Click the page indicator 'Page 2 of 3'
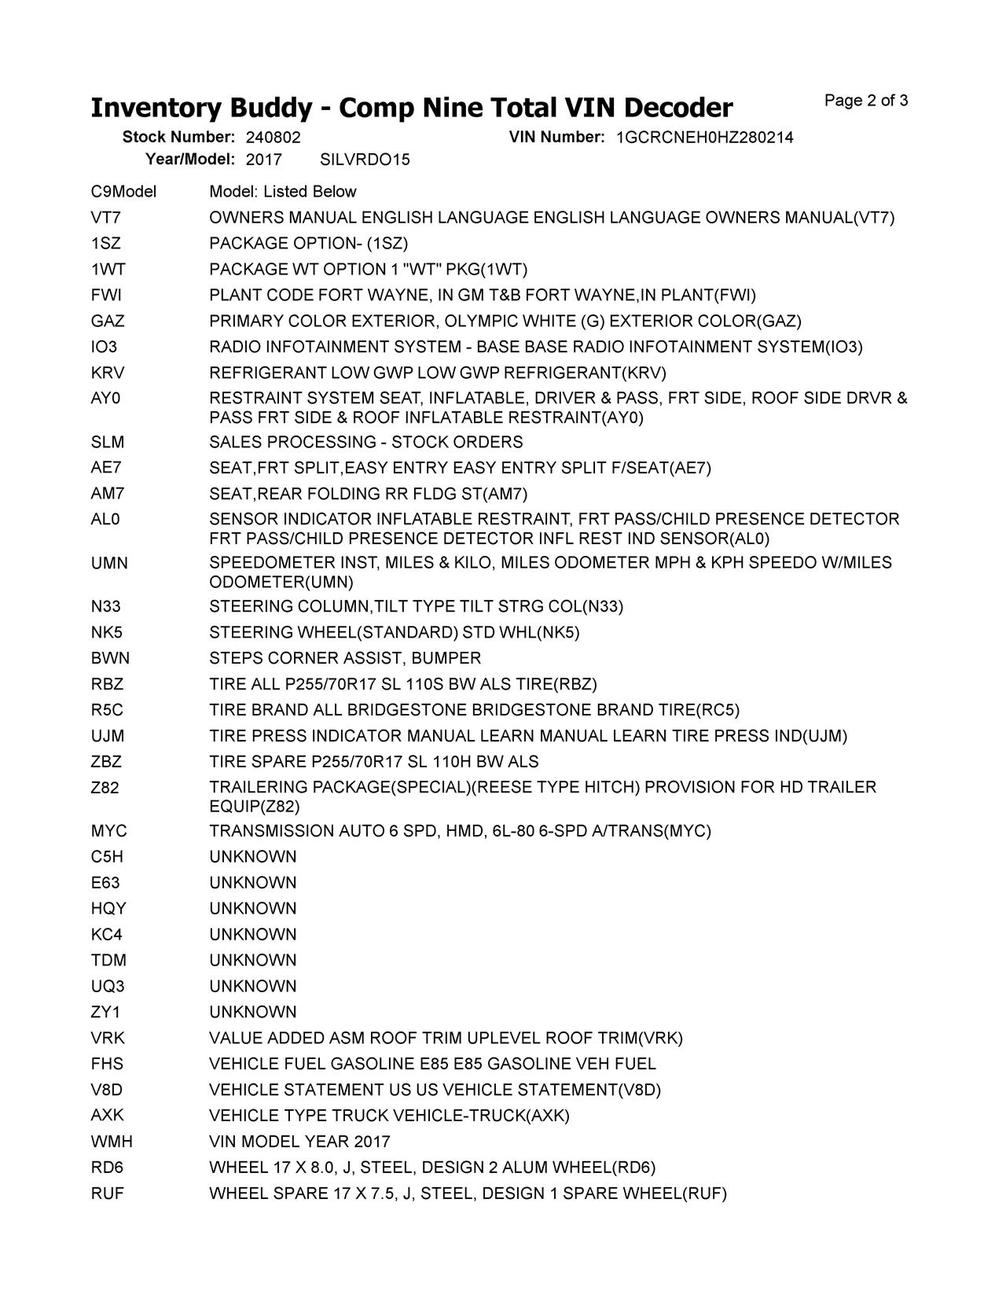click(x=866, y=101)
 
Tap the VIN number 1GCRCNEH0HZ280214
click(x=704, y=138)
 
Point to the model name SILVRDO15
click(x=365, y=160)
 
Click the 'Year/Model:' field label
click(x=190, y=160)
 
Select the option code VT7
click(x=106, y=218)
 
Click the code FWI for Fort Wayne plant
click(x=106, y=296)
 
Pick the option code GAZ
click(x=108, y=322)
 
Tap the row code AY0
click(x=106, y=399)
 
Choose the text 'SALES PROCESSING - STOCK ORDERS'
click(x=365, y=442)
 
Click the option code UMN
click(x=109, y=563)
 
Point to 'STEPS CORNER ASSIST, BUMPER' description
click(x=345, y=658)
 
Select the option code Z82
click(x=105, y=788)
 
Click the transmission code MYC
click(x=108, y=831)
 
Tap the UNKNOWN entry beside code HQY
click(x=253, y=909)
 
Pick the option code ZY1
click(x=106, y=1012)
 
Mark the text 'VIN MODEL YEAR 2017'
click(x=299, y=1142)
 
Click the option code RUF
click(x=108, y=1193)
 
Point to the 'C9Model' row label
click(x=123, y=192)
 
